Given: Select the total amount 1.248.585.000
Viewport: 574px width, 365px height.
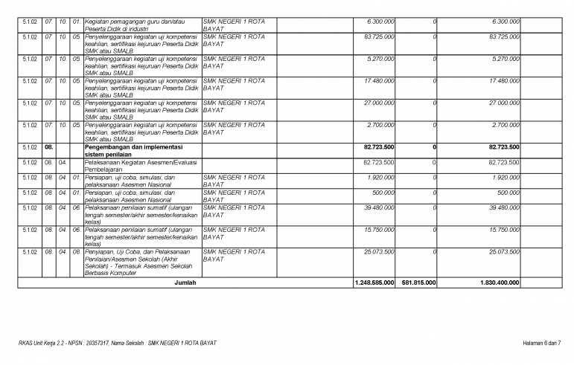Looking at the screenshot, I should point(375,283).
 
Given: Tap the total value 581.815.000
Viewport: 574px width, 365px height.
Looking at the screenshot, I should point(419,283).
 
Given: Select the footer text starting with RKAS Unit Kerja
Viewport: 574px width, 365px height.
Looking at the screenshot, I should point(118,343).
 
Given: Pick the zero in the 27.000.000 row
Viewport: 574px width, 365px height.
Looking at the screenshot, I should point(433,103).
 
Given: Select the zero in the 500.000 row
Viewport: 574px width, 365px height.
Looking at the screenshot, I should point(433,193).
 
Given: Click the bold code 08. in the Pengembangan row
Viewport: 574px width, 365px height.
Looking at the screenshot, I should point(49,147).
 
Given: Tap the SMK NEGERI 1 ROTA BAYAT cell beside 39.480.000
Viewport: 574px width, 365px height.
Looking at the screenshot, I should point(234,211).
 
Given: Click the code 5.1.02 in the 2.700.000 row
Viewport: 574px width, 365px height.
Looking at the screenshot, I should point(31,125).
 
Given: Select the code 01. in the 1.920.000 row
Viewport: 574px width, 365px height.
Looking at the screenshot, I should point(76,178).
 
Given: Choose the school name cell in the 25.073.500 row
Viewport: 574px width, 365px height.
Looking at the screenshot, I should point(234,256).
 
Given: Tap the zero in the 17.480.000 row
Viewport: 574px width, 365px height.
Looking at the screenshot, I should point(433,80).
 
